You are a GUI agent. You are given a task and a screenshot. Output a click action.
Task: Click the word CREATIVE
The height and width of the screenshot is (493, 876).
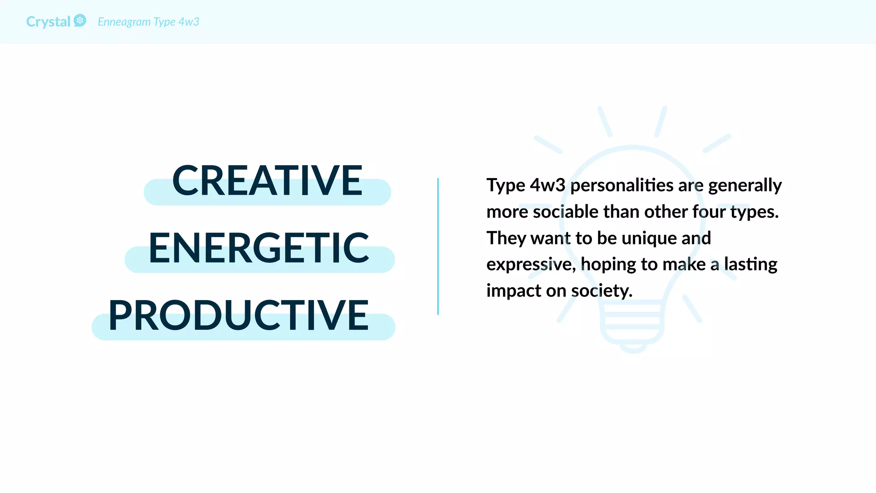(x=267, y=181)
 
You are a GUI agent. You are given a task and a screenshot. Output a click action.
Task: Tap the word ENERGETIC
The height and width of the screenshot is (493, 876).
(x=259, y=248)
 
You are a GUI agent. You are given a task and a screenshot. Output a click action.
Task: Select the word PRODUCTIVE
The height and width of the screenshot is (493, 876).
(x=238, y=316)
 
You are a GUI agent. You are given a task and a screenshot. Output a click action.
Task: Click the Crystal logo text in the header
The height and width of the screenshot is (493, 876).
(x=48, y=22)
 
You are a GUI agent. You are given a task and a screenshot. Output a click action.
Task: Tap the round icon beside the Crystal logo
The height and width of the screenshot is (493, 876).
(x=80, y=21)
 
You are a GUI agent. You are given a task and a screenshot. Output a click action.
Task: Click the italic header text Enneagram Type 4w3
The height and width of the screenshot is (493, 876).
(x=148, y=22)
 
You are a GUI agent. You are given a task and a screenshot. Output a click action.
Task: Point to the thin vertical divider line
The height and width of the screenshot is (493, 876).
(x=438, y=246)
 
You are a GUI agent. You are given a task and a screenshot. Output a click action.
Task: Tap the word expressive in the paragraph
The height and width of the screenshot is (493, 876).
(x=530, y=264)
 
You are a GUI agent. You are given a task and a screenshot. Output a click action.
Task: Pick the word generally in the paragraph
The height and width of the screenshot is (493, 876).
(x=745, y=186)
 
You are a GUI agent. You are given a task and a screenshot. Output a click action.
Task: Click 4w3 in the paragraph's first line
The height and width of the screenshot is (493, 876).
(x=547, y=185)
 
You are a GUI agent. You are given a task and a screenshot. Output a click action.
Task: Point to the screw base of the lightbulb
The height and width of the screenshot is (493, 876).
(x=633, y=327)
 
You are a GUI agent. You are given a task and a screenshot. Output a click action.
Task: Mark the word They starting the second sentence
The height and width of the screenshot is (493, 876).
(x=506, y=238)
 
